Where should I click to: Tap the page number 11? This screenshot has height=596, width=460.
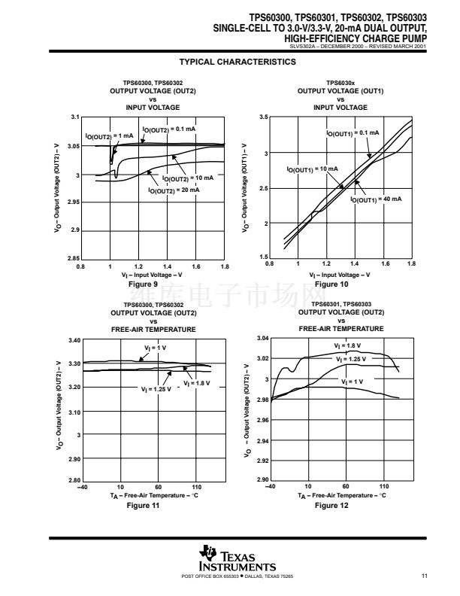(x=425, y=576)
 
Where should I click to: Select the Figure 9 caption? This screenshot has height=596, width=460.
(x=144, y=284)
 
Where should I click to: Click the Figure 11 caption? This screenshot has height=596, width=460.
(x=144, y=505)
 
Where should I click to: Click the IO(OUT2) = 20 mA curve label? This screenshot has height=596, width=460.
(x=174, y=190)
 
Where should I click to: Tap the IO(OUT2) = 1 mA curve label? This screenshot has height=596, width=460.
(x=109, y=136)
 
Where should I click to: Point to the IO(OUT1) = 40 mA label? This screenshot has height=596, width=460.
(x=377, y=199)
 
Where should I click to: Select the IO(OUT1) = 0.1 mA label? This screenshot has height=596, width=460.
(x=353, y=133)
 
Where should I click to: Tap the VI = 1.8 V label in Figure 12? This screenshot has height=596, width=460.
(x=347, y=345)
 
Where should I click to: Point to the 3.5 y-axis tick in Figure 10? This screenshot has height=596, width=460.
(x=263, y=117)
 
